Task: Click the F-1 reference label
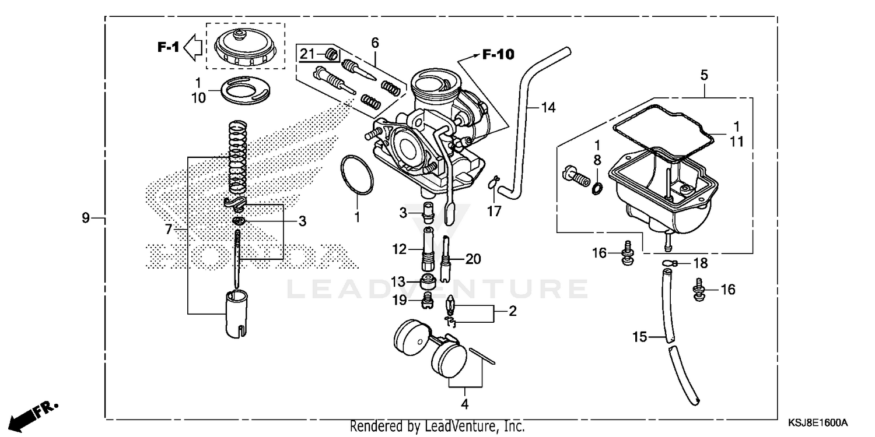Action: pyautogui.click(x=168, y=47)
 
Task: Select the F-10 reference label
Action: pyautogui.click(x=498, y=55)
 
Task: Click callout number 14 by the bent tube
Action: pyautogui.click(x=548, y=107)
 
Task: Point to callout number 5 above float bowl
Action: pyautogui.click(x=704, y=75)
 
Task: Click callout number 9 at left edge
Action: pyautogui.click(x=86, y=218)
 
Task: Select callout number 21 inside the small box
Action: pyautogui.click(x=307, y=54)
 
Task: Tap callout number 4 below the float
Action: pyautogui.click(x=465, y=403)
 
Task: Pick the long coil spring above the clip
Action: pyautogui.click(x=236, y=157)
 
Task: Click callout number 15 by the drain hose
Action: pyautogui.click(x=640, y=337)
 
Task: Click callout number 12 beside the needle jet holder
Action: pyautogui.click(x=398, y=249)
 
